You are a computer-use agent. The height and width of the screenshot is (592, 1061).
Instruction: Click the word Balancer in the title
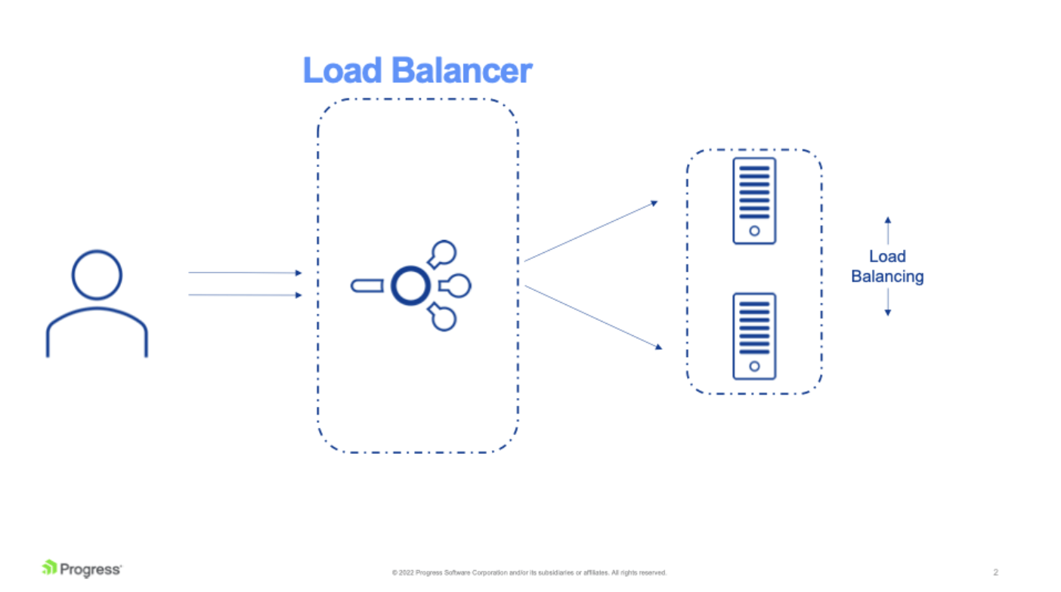pyautogui.click(x=462, y=71)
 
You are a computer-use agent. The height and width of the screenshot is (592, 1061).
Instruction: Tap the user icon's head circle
pyautogui.click(x=97, y=275)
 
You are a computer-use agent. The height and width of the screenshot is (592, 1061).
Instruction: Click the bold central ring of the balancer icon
pyautogui.click(x=410, y=286)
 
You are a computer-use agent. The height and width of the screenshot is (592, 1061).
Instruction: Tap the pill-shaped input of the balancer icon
pyautogui.click(x=367, y=286)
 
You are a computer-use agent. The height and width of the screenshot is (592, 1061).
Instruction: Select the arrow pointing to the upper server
pyautogui.click(x=590, y=231)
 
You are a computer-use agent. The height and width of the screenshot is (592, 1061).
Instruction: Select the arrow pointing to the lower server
pyautogui.click(x=592, y=316)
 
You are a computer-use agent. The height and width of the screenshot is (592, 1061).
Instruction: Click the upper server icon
pyautogui.click(x=754, y=201)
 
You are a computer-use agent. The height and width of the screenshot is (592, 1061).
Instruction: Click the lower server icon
pyautogui.click(x=754, y=336)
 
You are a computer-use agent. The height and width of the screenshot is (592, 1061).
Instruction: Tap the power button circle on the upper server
pyautogui.click(x=754, y=231)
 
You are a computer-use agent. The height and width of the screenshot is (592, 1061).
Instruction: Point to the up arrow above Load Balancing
pyautogui.click(x=888, y=230)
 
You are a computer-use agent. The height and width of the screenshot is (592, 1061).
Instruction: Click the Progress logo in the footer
pyautogui.click(x=82, y=569)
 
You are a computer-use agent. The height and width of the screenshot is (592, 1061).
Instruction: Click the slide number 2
pyautogui.click(x=995, y=572)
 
